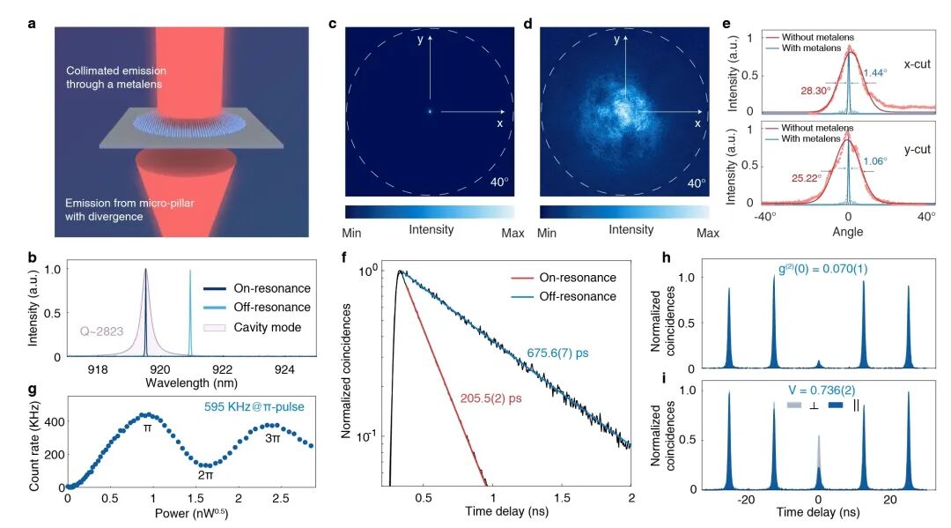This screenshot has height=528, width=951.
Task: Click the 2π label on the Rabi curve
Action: click(204, 475)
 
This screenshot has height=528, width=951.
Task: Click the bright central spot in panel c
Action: click(430, 111)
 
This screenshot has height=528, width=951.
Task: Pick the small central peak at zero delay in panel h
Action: click(819, 362)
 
